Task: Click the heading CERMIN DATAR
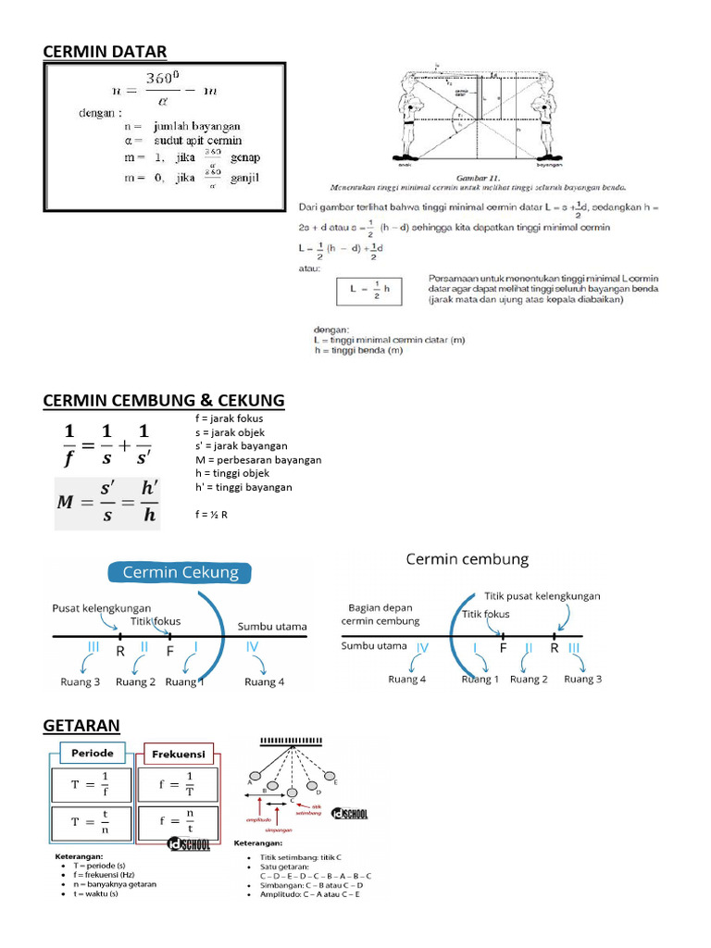point(106,51)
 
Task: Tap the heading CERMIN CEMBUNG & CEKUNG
point(164,400)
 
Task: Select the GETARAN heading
point(81,724)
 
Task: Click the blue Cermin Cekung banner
point(176,572)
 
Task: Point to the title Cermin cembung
point(468,559)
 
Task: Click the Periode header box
point(93,754)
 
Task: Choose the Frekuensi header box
point(179,754)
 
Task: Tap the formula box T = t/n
point(93,821)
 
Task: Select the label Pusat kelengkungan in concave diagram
point(102,607)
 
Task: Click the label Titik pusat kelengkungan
point(543,596)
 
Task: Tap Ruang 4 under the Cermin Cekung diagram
point(265,682)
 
